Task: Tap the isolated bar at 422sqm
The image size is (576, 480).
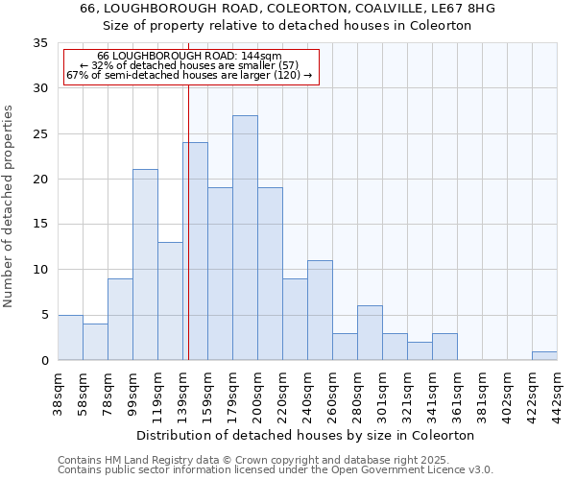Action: coord(544,356)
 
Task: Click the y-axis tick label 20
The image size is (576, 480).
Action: coord(39,180)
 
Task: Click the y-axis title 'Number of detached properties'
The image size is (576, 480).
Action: coord(9,202)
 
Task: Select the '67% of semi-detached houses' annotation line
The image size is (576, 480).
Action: coord(189,75)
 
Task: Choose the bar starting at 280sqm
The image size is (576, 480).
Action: coord(370,332)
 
